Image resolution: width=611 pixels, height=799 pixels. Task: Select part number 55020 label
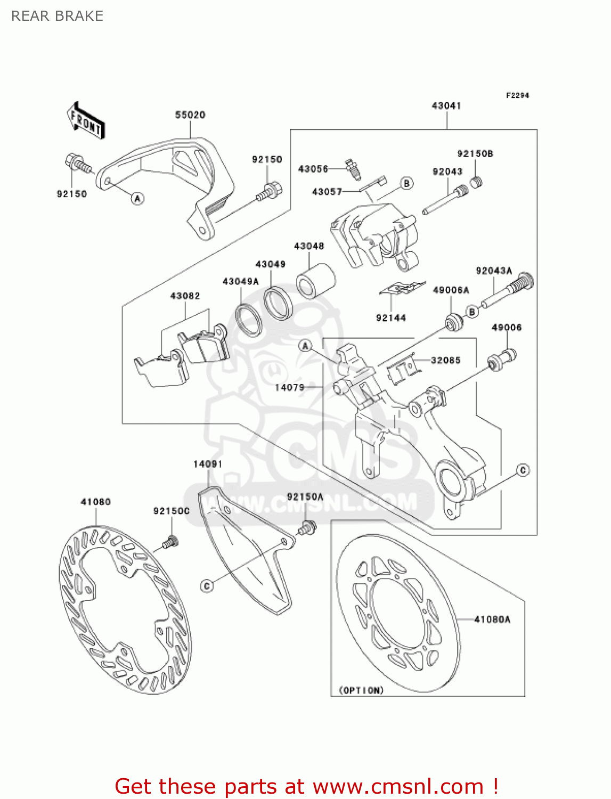190,115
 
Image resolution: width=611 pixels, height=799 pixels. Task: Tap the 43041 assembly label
446,105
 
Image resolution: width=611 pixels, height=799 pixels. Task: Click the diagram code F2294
517,95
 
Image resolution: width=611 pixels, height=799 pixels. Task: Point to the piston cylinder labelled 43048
315,281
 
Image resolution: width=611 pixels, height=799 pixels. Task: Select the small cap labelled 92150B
477,182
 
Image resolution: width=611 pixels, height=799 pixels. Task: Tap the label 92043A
494,271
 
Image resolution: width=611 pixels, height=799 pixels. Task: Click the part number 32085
445,360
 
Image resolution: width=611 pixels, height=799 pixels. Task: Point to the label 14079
289,387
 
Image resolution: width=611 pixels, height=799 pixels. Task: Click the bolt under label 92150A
307,528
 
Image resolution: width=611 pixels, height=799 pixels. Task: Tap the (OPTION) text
361,690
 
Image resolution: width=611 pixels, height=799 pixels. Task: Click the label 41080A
492,619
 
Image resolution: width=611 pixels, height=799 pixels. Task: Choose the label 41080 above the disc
96,502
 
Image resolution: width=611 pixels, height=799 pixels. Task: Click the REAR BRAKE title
58,16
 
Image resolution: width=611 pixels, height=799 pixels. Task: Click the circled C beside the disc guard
207,586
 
